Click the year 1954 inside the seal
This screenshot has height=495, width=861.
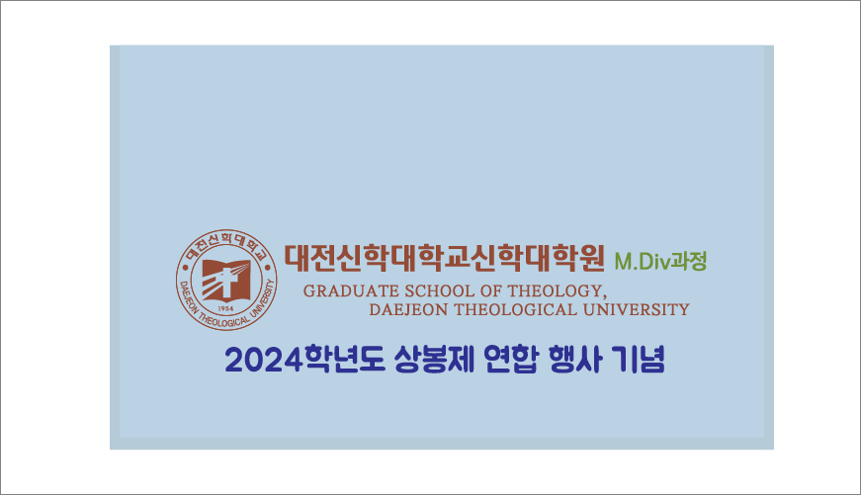pyautogui.click(x=225, y=309)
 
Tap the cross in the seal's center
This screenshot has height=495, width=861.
pyautogui.click(x=228, y=282)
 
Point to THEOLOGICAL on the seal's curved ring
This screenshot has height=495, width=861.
pyautogui.click(x=221, y=320)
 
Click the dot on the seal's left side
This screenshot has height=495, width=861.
pyautogui.click(x=185, y=269)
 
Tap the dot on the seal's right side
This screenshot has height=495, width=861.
pyautogui.click(x=269, y=269)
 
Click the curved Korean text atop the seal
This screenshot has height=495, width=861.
pyautogui.click(x=226, y=243)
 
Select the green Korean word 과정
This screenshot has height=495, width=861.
pyautogui.click(x=689, y=261)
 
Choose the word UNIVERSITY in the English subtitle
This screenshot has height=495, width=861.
pyautogui.click(x=636, y=310)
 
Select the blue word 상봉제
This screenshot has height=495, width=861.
pyautogui.click(x=433, y=360)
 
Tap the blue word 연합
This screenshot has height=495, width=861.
pyautogui.click(x=510, y=360)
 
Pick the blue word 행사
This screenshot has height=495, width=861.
pyautogui.click(x=575, y=360)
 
